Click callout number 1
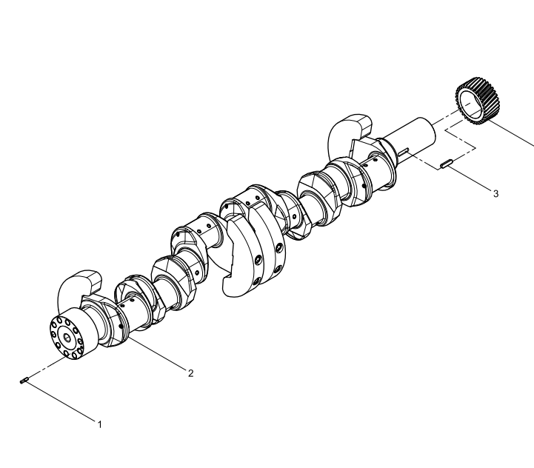point(100,425)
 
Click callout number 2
point(191,373)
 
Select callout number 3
point(496,193)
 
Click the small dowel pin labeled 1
point(24,381)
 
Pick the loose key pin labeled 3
point(446,164)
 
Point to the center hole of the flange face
point(67,338)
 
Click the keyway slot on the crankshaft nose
point(403,152)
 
